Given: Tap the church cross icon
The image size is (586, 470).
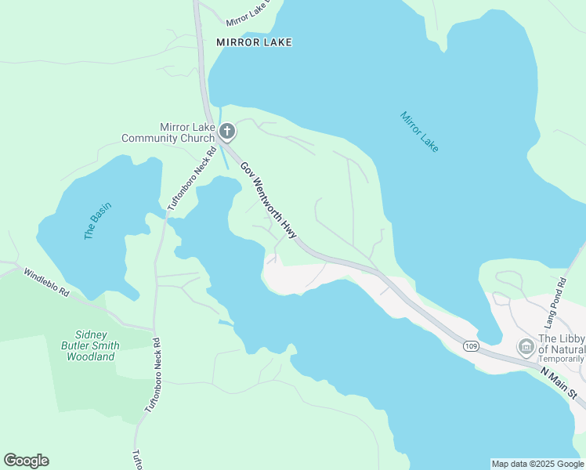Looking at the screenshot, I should [x=227, y=132].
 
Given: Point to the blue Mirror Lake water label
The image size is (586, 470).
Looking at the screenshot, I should [x=419, y=131].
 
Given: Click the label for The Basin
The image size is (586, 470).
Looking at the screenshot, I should [x=98, y=221].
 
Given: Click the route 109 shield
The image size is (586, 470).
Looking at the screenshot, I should [x=470, y=346].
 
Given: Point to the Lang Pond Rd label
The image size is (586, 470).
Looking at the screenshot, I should [x=555, y=302].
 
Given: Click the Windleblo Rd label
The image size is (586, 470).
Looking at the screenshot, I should [x=46, y=283].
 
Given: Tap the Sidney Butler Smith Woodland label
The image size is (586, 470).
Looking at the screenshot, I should [x=91, y=345].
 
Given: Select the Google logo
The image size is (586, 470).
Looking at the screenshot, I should [x=26, y=461].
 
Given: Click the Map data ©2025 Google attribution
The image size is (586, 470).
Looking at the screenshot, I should [x=537, y=464].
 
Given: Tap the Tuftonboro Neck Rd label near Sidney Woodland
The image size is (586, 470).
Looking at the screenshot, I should [x=152, y=375].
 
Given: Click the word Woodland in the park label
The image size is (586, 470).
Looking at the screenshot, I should [x=91, y=356].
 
